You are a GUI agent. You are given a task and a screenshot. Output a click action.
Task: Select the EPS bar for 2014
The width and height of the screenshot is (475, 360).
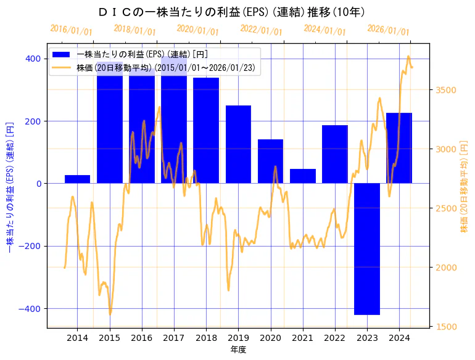(x=78, y=179)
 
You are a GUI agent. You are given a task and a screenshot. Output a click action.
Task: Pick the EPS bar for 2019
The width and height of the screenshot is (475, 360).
(x=238, y=144)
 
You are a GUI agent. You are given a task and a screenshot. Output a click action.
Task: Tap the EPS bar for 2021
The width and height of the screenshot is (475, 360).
(x=303, y=176)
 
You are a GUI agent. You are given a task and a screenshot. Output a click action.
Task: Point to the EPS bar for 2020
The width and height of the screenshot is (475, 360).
(x=270, y=162)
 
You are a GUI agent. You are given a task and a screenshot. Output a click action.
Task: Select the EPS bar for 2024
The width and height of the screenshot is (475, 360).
(x=399, y=148)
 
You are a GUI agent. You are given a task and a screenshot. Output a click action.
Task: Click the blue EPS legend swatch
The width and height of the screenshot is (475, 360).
(x=61, y=54)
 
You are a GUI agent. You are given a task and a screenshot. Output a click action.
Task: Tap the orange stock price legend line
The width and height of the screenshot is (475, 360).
(x=61, y=68)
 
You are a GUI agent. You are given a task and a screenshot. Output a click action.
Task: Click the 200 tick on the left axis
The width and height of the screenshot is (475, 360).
(x=33, y=121)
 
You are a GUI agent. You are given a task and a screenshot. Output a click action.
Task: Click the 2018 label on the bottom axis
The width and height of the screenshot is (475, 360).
(x=206, y=338)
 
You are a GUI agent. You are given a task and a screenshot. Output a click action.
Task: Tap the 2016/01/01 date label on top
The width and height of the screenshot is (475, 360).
(x=71, y=30)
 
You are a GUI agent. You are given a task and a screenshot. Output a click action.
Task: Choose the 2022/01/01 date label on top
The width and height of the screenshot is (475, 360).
(x=262, y=30)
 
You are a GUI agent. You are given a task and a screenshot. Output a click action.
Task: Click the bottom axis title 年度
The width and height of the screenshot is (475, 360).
(x=238, y=350)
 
